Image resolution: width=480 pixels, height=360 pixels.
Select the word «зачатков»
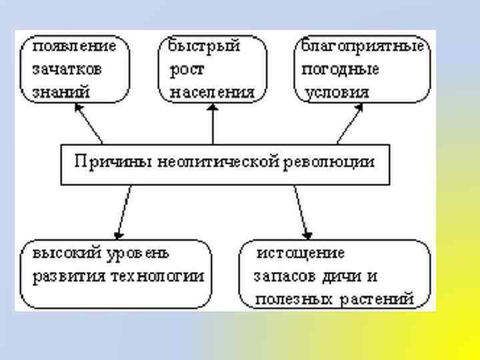coord(66,69)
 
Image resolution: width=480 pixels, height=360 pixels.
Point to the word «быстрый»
coord(203,46)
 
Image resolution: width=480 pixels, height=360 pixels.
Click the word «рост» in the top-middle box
coord(187,69)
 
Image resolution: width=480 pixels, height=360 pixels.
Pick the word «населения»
coord(211,92)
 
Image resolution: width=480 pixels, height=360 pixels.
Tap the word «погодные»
coord(341,69)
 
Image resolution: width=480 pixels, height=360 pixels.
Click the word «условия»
coord(337,92)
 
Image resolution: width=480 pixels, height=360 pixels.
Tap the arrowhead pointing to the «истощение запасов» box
coord(307,234)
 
